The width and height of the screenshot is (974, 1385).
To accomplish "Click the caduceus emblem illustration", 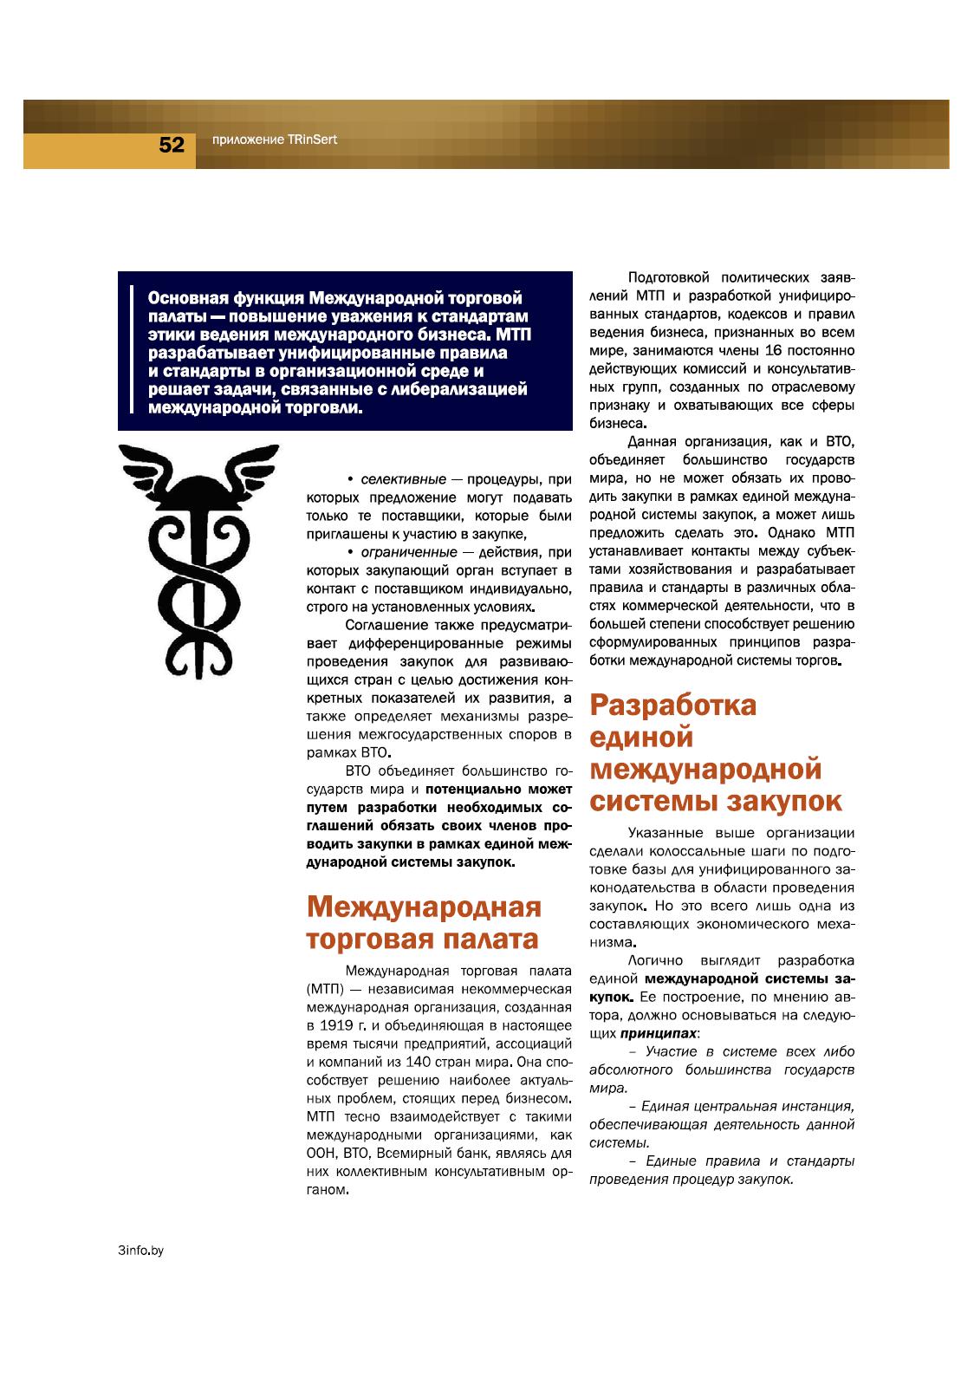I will pos(198,559).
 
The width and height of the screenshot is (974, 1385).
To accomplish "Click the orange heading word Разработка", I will pos(673,706).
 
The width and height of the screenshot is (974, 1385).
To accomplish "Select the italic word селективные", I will pos(403,479).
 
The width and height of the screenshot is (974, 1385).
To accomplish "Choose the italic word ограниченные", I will pos(409,552).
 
